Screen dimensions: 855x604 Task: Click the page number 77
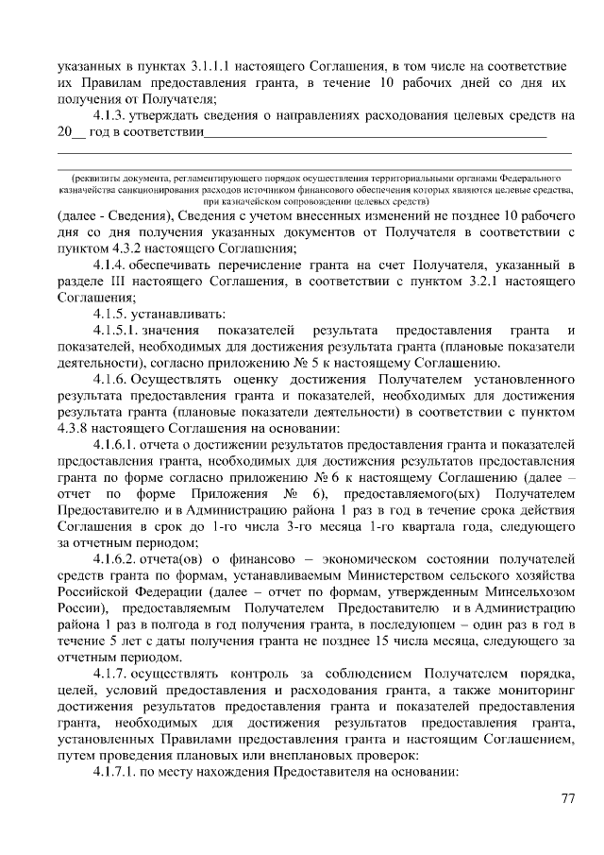[x=568, y=798]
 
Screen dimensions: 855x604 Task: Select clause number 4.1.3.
[x=110, y=115]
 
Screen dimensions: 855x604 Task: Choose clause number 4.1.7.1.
[x=118, y=771]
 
